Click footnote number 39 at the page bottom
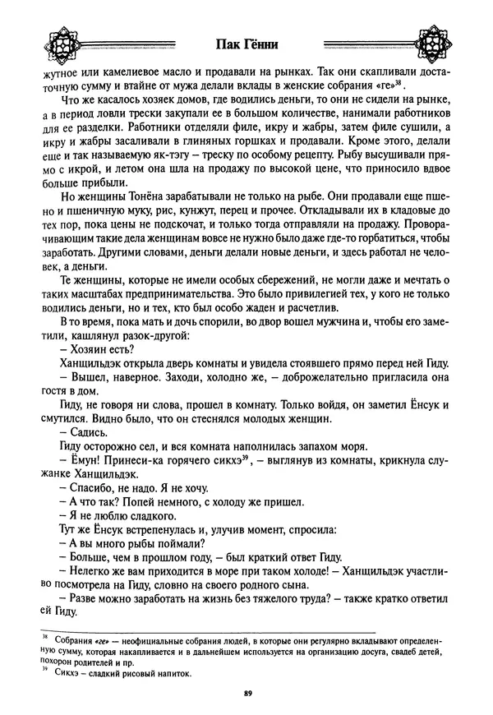35,670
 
